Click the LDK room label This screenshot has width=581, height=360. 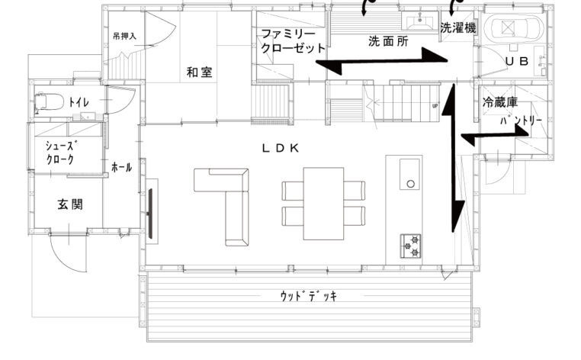(281, 148)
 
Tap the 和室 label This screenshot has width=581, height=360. (199, 72)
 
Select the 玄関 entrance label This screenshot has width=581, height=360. (70, 204)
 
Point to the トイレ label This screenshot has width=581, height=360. (79, 102)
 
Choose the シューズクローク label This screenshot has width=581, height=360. (61, 153)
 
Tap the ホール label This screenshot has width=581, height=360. (121, 167)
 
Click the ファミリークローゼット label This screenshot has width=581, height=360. (293, 41)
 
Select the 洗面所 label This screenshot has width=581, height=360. (388, 41)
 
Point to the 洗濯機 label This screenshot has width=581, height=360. (458, 27)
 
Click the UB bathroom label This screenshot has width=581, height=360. (516, 61)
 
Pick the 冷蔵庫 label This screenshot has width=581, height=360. (500, 102)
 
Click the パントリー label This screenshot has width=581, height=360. (521, 121)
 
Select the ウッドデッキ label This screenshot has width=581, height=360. (308, 296)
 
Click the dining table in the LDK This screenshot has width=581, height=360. (323, 204)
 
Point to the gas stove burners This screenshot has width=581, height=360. (410, 246)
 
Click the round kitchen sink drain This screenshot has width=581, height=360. (410, 184)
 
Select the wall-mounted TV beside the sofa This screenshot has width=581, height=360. (150, 214)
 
